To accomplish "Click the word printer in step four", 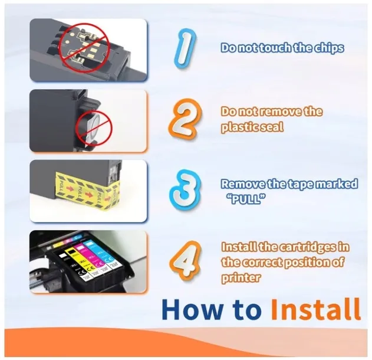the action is tap(241, 278).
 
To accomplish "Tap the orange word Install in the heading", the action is tap(315, 309).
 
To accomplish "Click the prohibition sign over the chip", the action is tap(84, 47).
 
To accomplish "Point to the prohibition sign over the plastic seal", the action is tap(94, 128).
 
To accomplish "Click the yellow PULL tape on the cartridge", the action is tap(87, 192).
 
